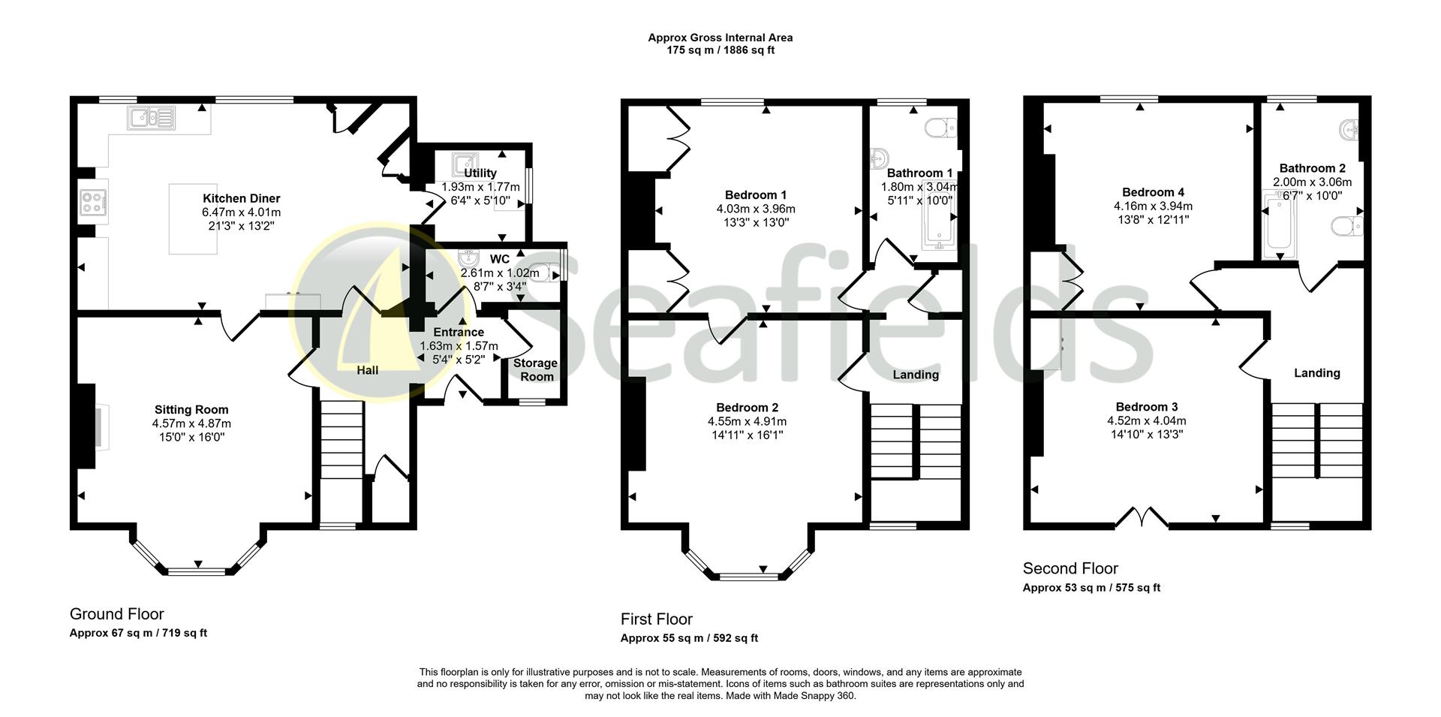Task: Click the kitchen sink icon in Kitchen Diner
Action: (x=151, y=119)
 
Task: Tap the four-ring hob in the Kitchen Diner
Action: (x=93, y=201)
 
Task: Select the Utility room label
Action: (x=480, y=173)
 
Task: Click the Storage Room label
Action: (x=535, y=369)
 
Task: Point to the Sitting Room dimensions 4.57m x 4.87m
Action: (x=191, y=423)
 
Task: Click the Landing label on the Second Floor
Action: (x=1316, y=373)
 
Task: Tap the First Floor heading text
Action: (x=656, y=619)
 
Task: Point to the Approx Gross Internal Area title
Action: (x=720, y=38)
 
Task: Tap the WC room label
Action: (x=499, y=260)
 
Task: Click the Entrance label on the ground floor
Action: (x=459, y=333)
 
